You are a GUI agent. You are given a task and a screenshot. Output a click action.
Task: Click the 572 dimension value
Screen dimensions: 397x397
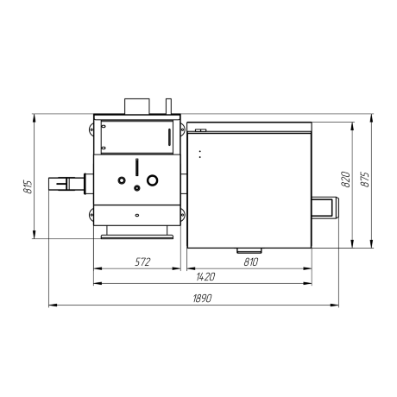tap(142, 262)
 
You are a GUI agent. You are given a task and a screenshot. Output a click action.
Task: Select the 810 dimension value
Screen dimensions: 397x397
tap(251, 262)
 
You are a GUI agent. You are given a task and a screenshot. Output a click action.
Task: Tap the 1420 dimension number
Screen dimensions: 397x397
tap(205, 277)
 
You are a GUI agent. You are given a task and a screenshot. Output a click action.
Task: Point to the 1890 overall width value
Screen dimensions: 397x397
tap(202, 299)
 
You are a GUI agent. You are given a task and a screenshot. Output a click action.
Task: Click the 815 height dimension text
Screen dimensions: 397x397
tap(28, 187)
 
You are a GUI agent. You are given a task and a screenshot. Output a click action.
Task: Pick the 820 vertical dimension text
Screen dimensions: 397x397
tap(346, 180)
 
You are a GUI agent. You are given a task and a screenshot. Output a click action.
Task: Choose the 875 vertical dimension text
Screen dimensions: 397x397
tap(365, 180)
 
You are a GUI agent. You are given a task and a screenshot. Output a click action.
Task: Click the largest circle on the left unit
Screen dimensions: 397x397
tap(152, 180)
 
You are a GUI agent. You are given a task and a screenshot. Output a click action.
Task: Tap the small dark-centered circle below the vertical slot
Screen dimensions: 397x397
tap(137, 188)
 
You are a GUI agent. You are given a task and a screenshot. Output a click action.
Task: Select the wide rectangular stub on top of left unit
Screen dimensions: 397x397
tap(137, 106)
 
